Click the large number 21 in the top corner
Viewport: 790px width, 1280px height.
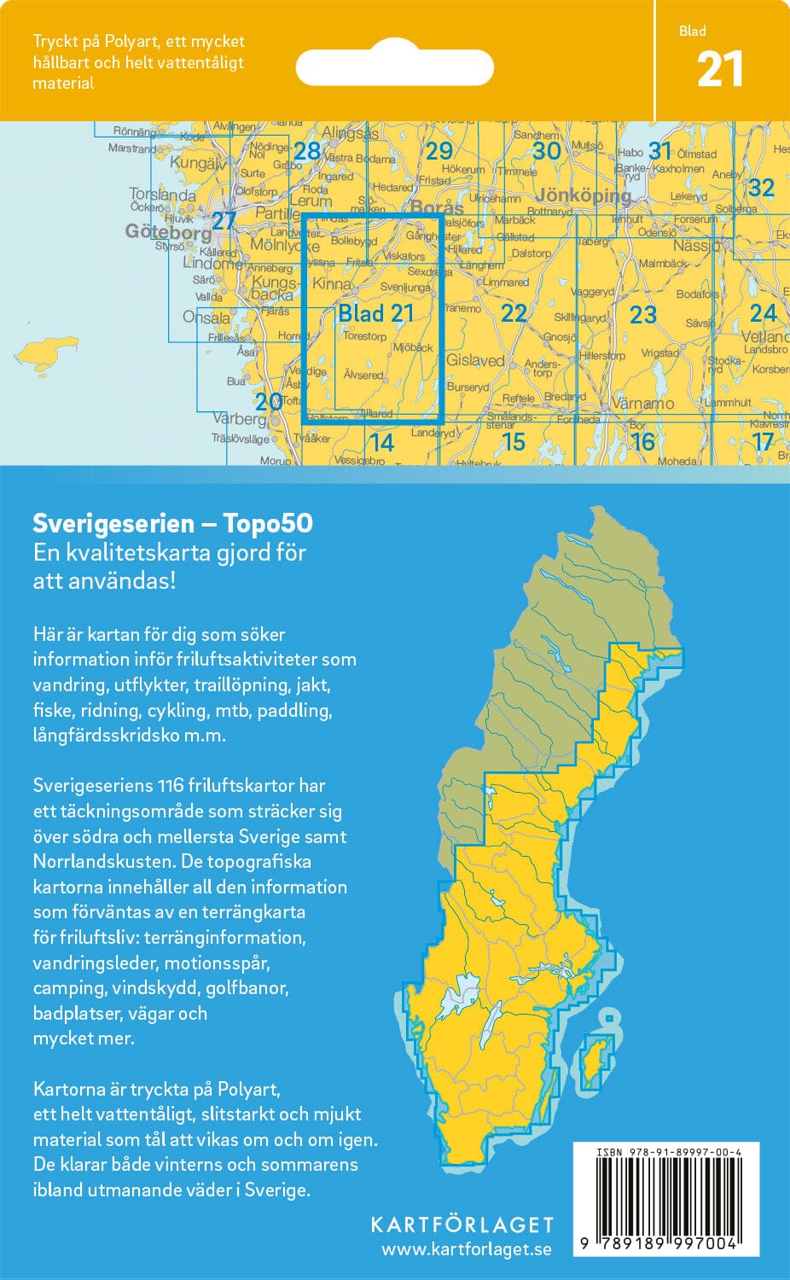pyautogui.click(x=720, y=70)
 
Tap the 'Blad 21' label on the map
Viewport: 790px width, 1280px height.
pyautogui.click(x=375, y=313)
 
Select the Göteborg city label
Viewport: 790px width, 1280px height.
pyautogui.click(x=168, y=232)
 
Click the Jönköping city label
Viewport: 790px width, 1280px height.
pyautogui.click(x=583, y=195)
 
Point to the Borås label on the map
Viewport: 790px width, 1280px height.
pyautogui.click(x=437, y=207)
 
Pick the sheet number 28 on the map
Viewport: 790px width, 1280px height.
pyautogui.click(x=306, y=152)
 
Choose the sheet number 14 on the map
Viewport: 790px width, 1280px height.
pyautogui.click(x=381, y=442)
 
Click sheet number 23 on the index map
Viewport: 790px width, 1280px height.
pyautogui.click(x=642, y=315)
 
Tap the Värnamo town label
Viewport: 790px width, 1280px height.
pyautogui.click(x=642, y=403)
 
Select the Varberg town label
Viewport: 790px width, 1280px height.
pyautogui.click(x=239, y=419)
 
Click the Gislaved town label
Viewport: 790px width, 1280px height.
pyautogui.click(x=476, y=360)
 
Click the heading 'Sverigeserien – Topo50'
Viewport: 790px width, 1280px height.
pyautogui.click(x=172, y=523)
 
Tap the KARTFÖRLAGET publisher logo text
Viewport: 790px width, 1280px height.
pyautogui.click(x=462, y=1225)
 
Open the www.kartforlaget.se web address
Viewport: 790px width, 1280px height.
pyautogui.click(x=467, y=1249)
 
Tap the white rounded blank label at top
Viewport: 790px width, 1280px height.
pyautogui.click(x=395, y=67)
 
